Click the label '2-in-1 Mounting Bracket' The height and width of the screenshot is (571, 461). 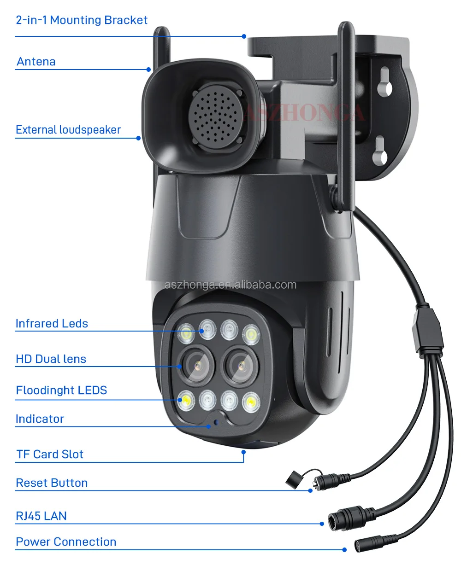point(82,20)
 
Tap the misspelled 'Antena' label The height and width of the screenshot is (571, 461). point(36,62)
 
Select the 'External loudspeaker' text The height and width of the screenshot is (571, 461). point(68,130)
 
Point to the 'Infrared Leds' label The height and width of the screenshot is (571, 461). point(52,324)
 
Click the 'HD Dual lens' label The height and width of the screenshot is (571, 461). point(51,359)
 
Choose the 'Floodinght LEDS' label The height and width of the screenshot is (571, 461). point(61,390)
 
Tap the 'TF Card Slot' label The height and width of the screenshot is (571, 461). point(50,454)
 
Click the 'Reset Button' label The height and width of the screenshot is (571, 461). point(52,483)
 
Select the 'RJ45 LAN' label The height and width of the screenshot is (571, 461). point(41,516)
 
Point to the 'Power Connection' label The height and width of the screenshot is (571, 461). point(66,542)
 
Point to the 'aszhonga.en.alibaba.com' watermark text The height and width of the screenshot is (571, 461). point(230,285)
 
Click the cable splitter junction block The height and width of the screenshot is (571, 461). point(429,329)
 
